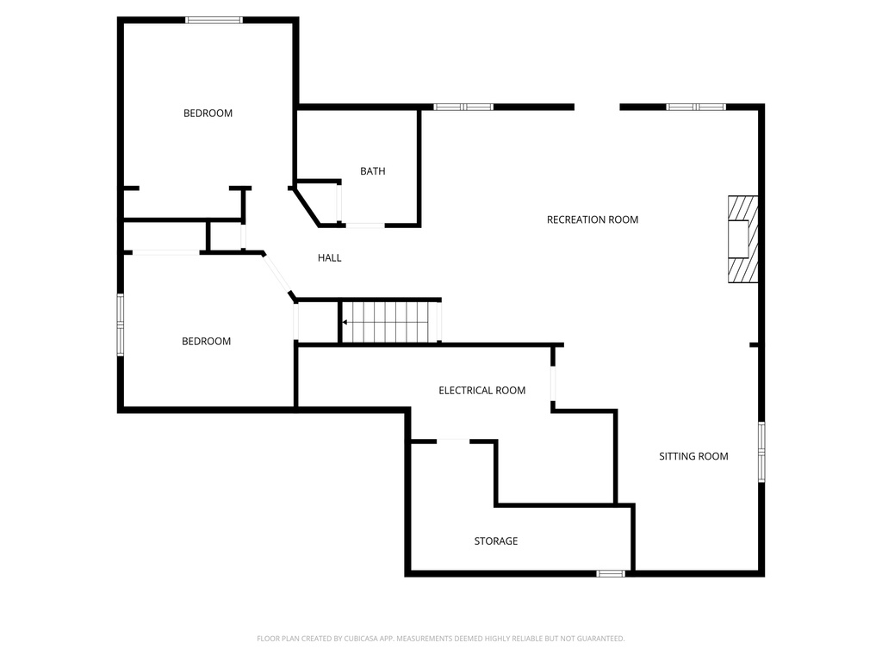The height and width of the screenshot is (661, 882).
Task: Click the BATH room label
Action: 372,171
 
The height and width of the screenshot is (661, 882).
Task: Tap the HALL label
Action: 329,257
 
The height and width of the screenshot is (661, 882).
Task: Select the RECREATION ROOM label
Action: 593,219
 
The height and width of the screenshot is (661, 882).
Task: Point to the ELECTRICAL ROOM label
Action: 481,390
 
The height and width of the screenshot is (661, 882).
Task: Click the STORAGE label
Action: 495,541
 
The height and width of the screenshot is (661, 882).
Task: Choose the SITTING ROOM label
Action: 693,456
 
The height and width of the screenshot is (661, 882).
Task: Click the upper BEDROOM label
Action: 208,113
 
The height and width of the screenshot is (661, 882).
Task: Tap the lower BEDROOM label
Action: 206,341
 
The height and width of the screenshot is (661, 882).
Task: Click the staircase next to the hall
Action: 389,322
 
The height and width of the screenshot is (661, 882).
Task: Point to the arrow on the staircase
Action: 346,323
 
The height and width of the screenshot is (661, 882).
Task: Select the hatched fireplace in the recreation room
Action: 742,239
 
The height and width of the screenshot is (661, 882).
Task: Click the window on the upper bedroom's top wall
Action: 214,20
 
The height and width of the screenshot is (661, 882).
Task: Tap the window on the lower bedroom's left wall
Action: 121,324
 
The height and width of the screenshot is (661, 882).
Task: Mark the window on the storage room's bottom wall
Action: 611,573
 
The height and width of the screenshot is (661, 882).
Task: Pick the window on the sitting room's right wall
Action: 761,451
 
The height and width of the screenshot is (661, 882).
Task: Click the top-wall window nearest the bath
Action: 463,107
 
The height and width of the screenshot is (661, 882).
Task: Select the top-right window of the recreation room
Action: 696,107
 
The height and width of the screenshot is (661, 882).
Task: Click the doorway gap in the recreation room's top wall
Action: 597,107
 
